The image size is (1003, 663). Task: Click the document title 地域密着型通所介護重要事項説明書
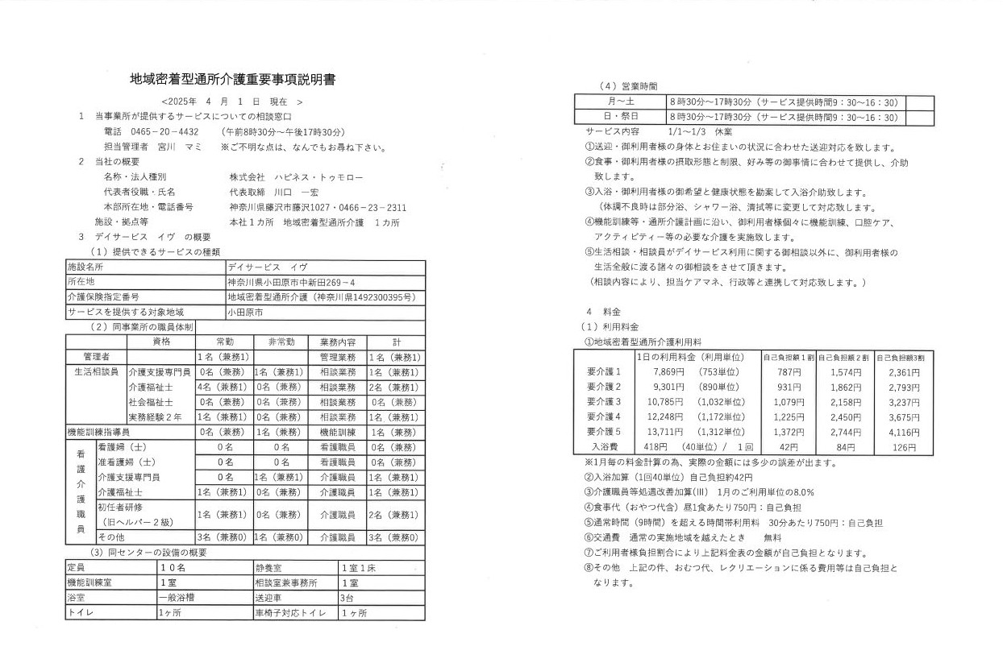232,80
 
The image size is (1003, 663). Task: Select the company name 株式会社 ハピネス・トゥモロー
296,176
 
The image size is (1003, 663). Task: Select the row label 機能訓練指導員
102,432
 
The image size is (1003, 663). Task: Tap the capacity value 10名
173,566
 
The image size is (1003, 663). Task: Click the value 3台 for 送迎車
348,598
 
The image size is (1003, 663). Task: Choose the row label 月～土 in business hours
620,102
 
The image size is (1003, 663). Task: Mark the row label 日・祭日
620,118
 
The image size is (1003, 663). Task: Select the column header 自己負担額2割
843,357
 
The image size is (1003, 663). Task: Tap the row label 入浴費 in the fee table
605,446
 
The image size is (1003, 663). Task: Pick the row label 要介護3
605,401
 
